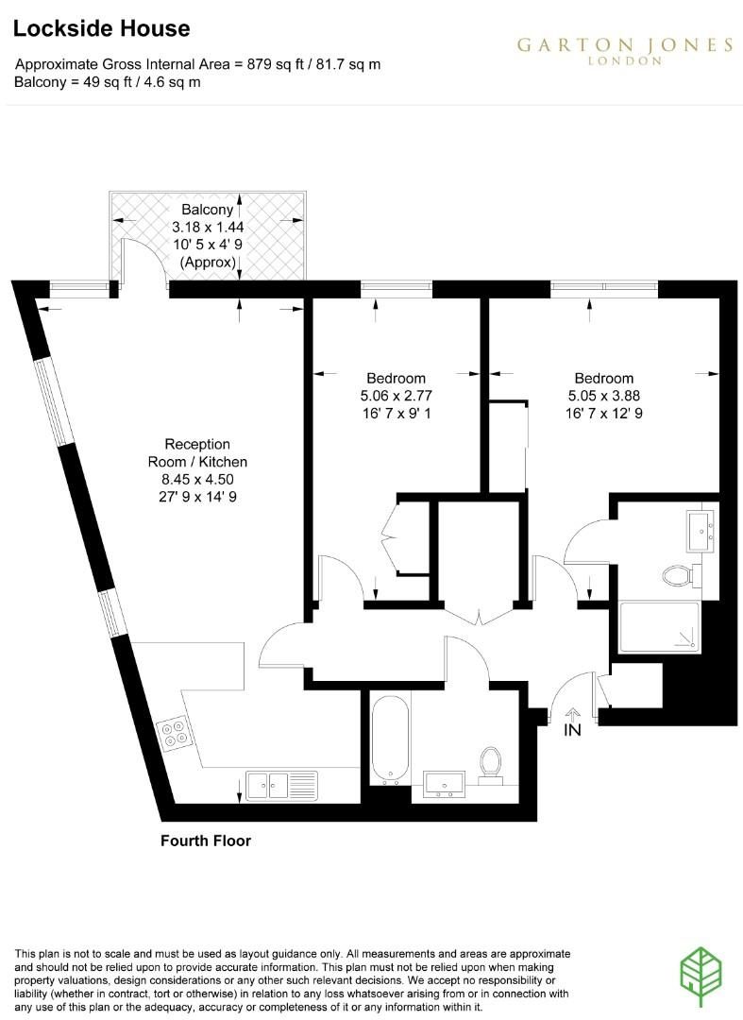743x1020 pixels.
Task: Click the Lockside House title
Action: pyautogui.click(x=101, y=28)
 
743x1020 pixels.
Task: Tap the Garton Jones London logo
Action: pyautogui.click(x=625, y=50)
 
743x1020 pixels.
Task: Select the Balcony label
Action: pyautogui.click(x=208, y=210)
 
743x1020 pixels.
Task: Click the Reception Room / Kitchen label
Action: pyautogui.click(x=197, y=452)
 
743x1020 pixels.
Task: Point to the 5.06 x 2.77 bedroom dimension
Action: pyautogui.click(x=396, y=396)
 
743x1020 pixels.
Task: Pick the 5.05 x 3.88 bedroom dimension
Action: pyautogui.click(x=604, y=396)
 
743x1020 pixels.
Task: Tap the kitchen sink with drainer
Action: pyautogui.click(x=281, y=785)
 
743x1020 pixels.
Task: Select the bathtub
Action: pyautogui.click(x=390, y=739)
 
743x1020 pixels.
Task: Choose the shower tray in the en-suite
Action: pyautogui.click(x=660, y=627)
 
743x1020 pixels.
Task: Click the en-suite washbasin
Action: pyautogui.click(x=701, y=531)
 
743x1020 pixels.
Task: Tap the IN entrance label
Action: pyautogui.click(x=572, y=730)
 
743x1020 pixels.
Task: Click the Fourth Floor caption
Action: pyautogui.click(x=206, y=841)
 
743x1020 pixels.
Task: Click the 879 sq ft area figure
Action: pyautogui.click(x=275, y=64)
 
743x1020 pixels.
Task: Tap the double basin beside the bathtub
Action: pyautogui.click(x=444, y=785)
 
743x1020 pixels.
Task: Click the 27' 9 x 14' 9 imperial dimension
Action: pyautogui.click(x=197, y=497)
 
